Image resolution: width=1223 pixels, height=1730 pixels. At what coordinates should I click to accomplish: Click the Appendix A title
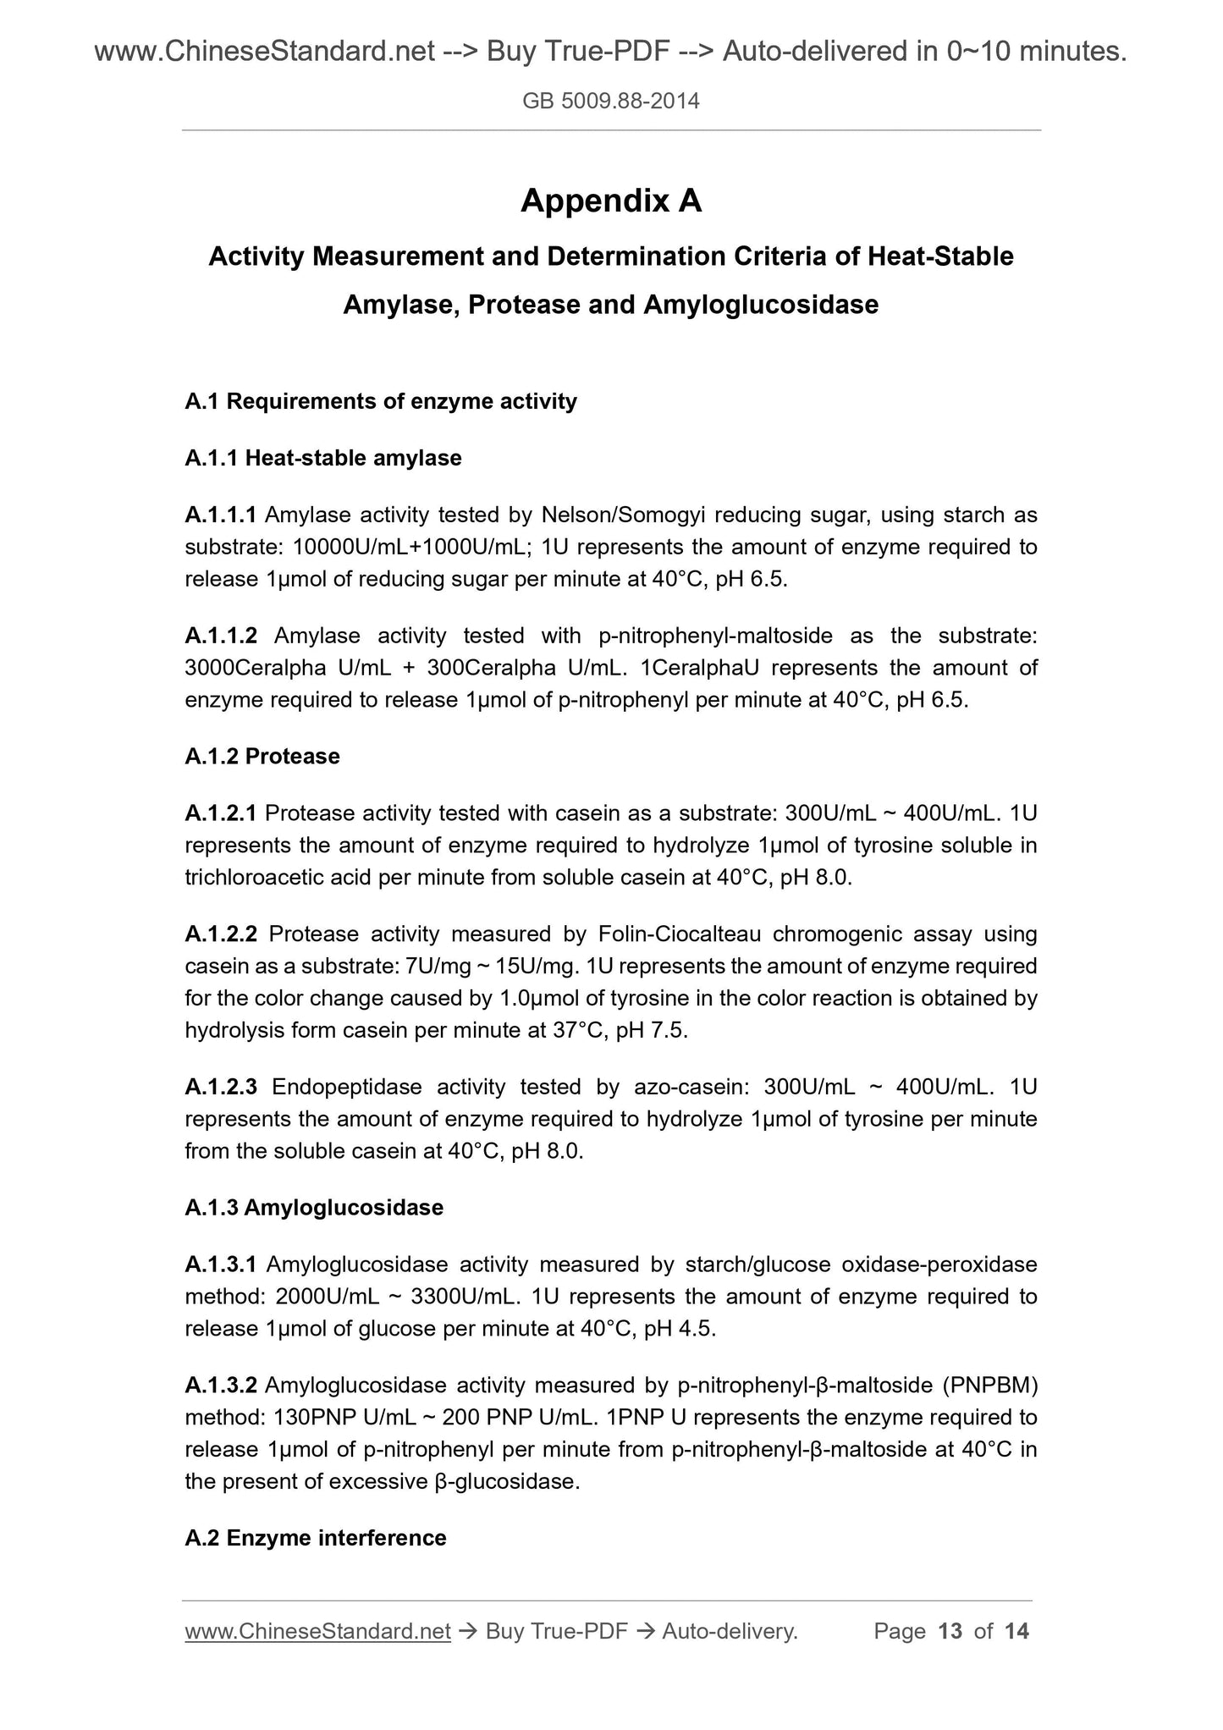[611, 201]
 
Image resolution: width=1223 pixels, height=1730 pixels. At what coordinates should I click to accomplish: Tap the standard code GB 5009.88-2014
[611, 102]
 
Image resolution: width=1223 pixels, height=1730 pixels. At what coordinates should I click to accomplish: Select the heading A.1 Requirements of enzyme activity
[381, 401]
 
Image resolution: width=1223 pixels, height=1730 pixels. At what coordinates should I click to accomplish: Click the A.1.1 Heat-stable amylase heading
[323, 459]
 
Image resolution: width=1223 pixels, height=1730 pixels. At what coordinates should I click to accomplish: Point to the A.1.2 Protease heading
[262, 757]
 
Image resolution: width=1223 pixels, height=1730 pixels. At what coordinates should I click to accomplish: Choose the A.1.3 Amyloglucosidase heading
[314, 1208]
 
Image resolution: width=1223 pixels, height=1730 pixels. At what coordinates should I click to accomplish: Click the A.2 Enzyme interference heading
[316, 1538]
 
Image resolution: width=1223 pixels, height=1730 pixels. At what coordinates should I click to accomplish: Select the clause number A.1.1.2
[221, 636]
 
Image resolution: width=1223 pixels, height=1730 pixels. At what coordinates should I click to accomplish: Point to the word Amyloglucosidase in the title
[761, 305]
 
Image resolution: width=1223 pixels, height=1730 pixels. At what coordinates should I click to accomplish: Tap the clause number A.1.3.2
[221, 1386]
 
